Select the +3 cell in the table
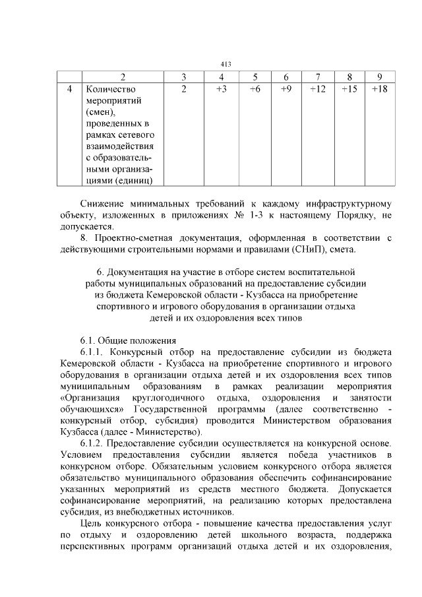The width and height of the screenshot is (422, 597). coord(222,89)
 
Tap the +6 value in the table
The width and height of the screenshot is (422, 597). coord(255,89)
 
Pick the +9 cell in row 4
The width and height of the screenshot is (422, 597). coord(286,89)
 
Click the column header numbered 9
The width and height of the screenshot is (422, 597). coord(379,77)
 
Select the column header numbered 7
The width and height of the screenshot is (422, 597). coord(318,77)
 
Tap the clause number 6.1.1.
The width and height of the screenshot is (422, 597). coord(94,352)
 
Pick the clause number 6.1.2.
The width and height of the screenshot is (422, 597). coord(94,442)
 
